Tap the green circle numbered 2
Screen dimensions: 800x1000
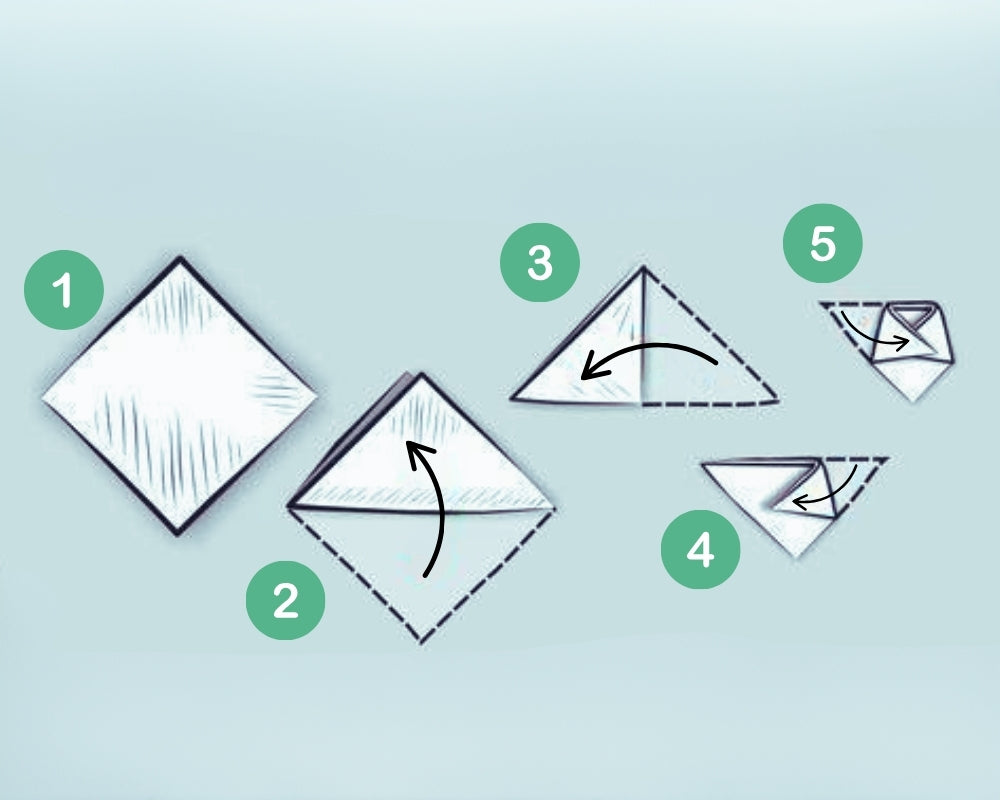click(x=286, y=602)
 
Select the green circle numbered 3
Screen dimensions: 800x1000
click(x=540, y=263)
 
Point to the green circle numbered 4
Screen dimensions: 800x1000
click(x=701, y=550)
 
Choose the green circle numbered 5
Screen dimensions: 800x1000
click(x=822, y=244)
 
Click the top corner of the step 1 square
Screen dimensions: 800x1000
click(x=180, y=258)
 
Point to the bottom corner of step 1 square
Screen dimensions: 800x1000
click(x=181, y=533)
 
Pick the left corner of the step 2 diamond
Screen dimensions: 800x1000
click(x=288, y=508)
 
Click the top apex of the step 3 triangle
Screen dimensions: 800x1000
click(x=643, y=267)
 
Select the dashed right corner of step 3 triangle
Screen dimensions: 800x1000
click(x=777, y=401)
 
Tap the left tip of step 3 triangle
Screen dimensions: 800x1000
click(x=511, y=400)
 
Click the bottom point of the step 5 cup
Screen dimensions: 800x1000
click(x=912, y=401)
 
